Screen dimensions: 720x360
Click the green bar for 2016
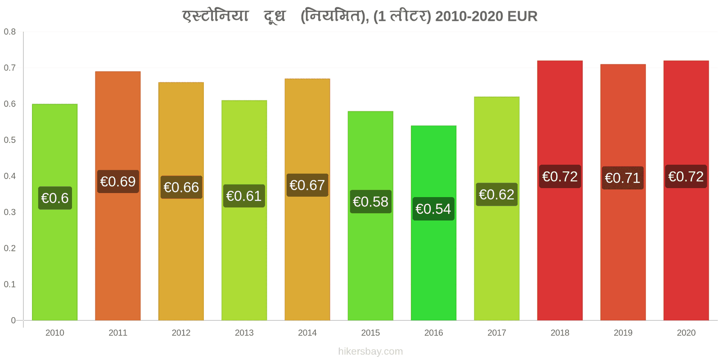[x=433, y=223]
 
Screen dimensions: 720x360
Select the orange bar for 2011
[x=117, y=196]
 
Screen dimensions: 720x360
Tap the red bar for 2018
[x=560, y=190]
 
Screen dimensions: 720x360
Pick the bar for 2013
[x=244, y=210]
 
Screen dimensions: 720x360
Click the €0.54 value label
[x=433, y=209]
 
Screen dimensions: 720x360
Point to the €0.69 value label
[x=118, y=182]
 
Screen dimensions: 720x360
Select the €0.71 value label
[x=623, y=178]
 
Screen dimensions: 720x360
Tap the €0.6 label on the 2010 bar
[x=55, y=198]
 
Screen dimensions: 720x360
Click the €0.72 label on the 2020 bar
[x=686, y=176]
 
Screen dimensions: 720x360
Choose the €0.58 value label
[x=371, y=202]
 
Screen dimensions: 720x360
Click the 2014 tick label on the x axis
[x=307, y=333]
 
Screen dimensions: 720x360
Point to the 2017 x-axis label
[x=497, y=333]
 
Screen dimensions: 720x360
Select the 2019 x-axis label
[x=623, y=333]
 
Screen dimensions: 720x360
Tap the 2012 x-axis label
[x=181, y=333]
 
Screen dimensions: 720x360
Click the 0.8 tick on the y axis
[x=9, y=31]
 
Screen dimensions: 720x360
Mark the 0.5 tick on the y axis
[x=9, y=140]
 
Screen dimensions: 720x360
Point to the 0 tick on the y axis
[x=13, y=320]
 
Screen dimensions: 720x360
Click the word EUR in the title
[x=522, y=16]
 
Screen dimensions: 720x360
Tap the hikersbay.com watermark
[x=370, y=351]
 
